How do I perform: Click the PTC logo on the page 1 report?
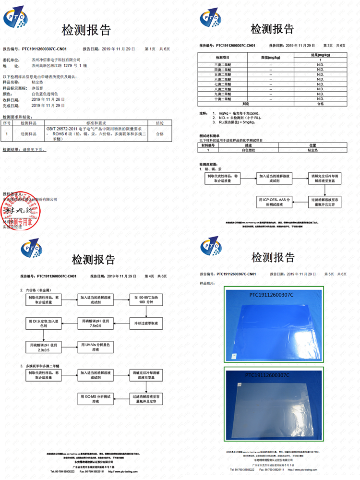15,18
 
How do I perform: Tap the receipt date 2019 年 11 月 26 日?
48,99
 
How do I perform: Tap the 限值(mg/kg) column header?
271,57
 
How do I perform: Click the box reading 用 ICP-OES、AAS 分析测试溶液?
275,202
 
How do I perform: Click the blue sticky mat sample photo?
274,324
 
